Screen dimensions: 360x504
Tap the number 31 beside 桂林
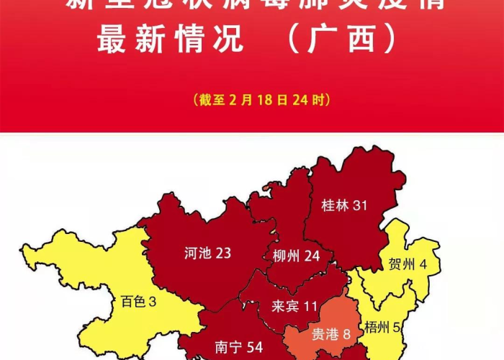click(x=360, y=205)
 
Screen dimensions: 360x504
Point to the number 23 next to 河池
click(x=223, y=253)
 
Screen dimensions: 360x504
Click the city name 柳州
click(x=287, y=256)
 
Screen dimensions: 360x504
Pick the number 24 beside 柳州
click(x=312, y=256)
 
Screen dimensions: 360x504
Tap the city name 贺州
click(x=402, y=264)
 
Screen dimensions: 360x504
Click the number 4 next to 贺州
click(x=423, y=264)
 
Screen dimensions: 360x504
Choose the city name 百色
click(x=132, y=302)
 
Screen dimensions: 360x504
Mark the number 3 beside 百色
click(x=152, y=302)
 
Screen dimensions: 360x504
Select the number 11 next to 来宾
click(x=310, y=307)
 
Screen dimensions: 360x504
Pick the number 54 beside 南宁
click(x=254, y=347)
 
